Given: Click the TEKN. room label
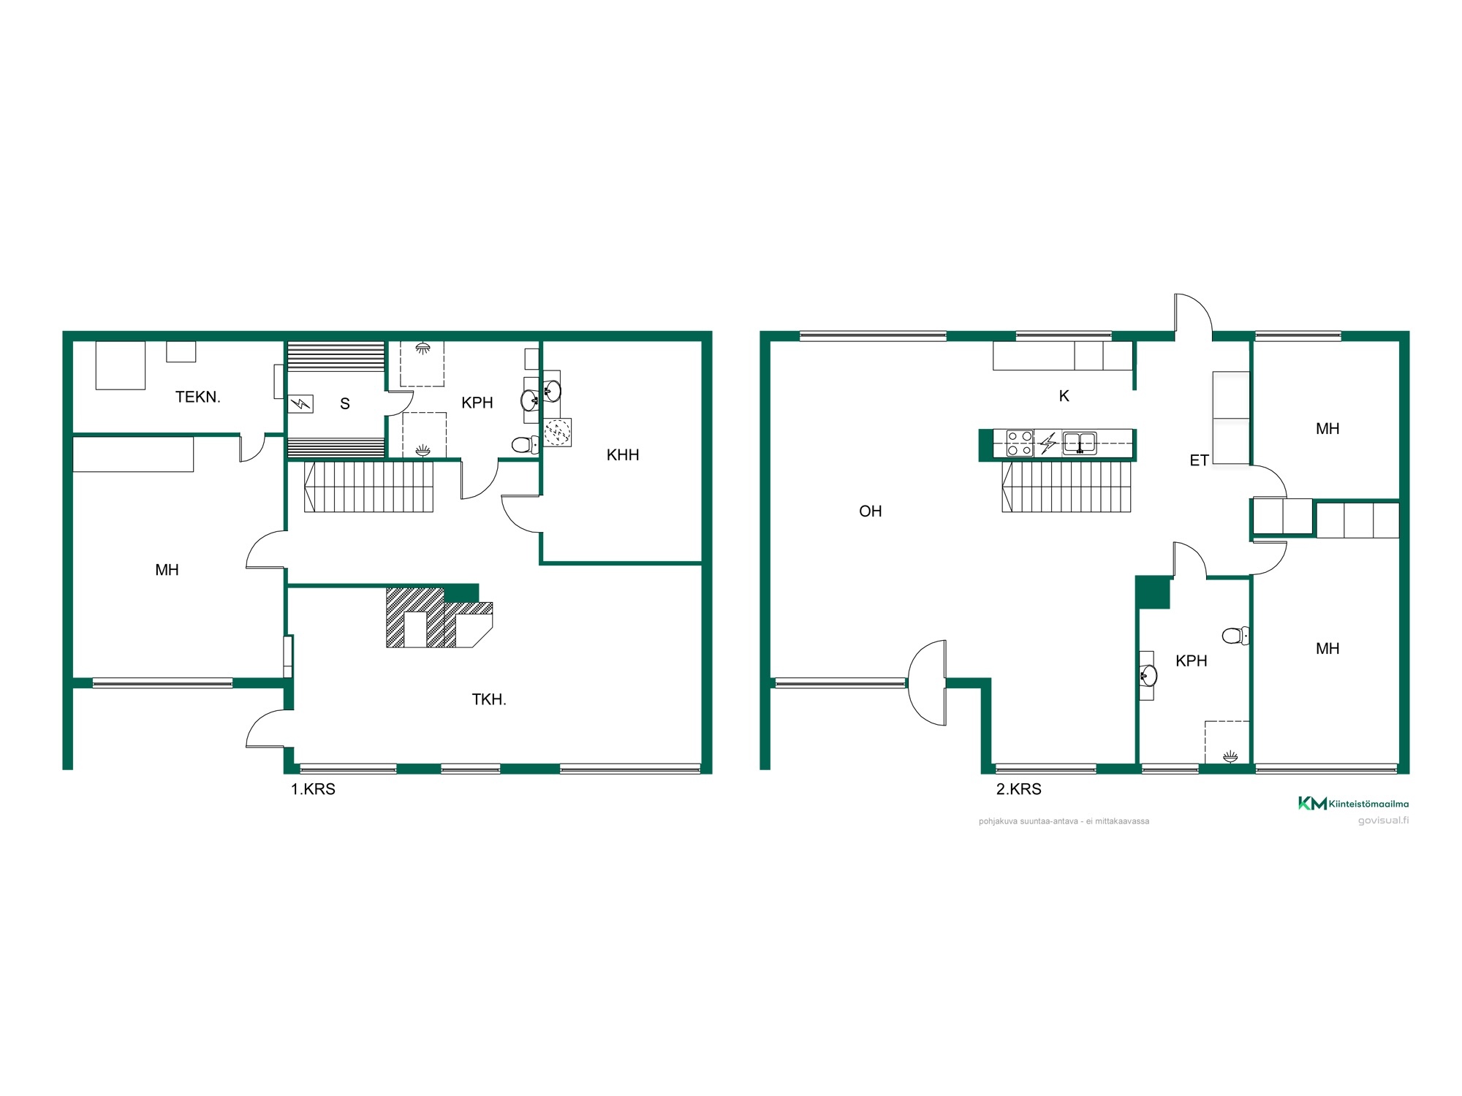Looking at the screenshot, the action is (197, 397).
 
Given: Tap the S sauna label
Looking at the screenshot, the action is (345, 403).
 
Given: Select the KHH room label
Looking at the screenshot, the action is (623, 455).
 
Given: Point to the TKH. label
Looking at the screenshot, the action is (489, 699).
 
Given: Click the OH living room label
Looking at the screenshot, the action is (870, 511).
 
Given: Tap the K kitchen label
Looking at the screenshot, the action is (1064, 396).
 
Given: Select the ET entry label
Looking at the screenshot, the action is (1199, 460).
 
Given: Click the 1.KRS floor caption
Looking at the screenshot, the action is (313, 789).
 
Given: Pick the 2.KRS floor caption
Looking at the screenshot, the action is (1018, 789).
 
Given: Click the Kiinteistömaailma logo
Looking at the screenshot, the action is (1353, 804).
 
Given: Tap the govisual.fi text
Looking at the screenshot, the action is (1383, 820).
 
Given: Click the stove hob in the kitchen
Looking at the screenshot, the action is (1020, 444).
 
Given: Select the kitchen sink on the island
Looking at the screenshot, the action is (1079, 443).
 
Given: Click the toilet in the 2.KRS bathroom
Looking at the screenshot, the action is (1235, 636).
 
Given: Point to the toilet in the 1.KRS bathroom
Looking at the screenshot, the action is (525, 444).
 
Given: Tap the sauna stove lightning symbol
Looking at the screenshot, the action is (301, 404).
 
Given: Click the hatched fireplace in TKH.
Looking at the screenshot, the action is (439, 617).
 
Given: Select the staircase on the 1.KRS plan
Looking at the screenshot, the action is (368, 487).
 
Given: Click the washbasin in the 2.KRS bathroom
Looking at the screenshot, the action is (1148, 676).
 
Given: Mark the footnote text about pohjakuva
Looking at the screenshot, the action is (1064, 821).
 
